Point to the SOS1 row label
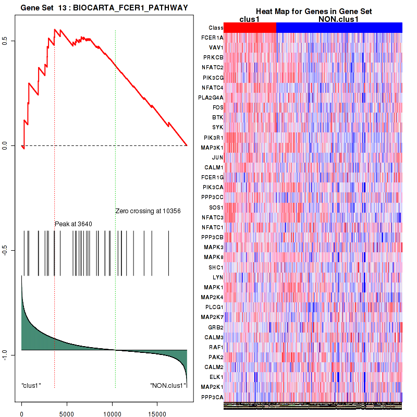(x=216, y=207)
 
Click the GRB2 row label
(x=216, y=327)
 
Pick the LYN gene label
(x=218, y=277)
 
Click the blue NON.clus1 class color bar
(x=339, y=28)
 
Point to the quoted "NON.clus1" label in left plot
(x=167, y=386)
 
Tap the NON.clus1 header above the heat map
(x=339, y=19)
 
